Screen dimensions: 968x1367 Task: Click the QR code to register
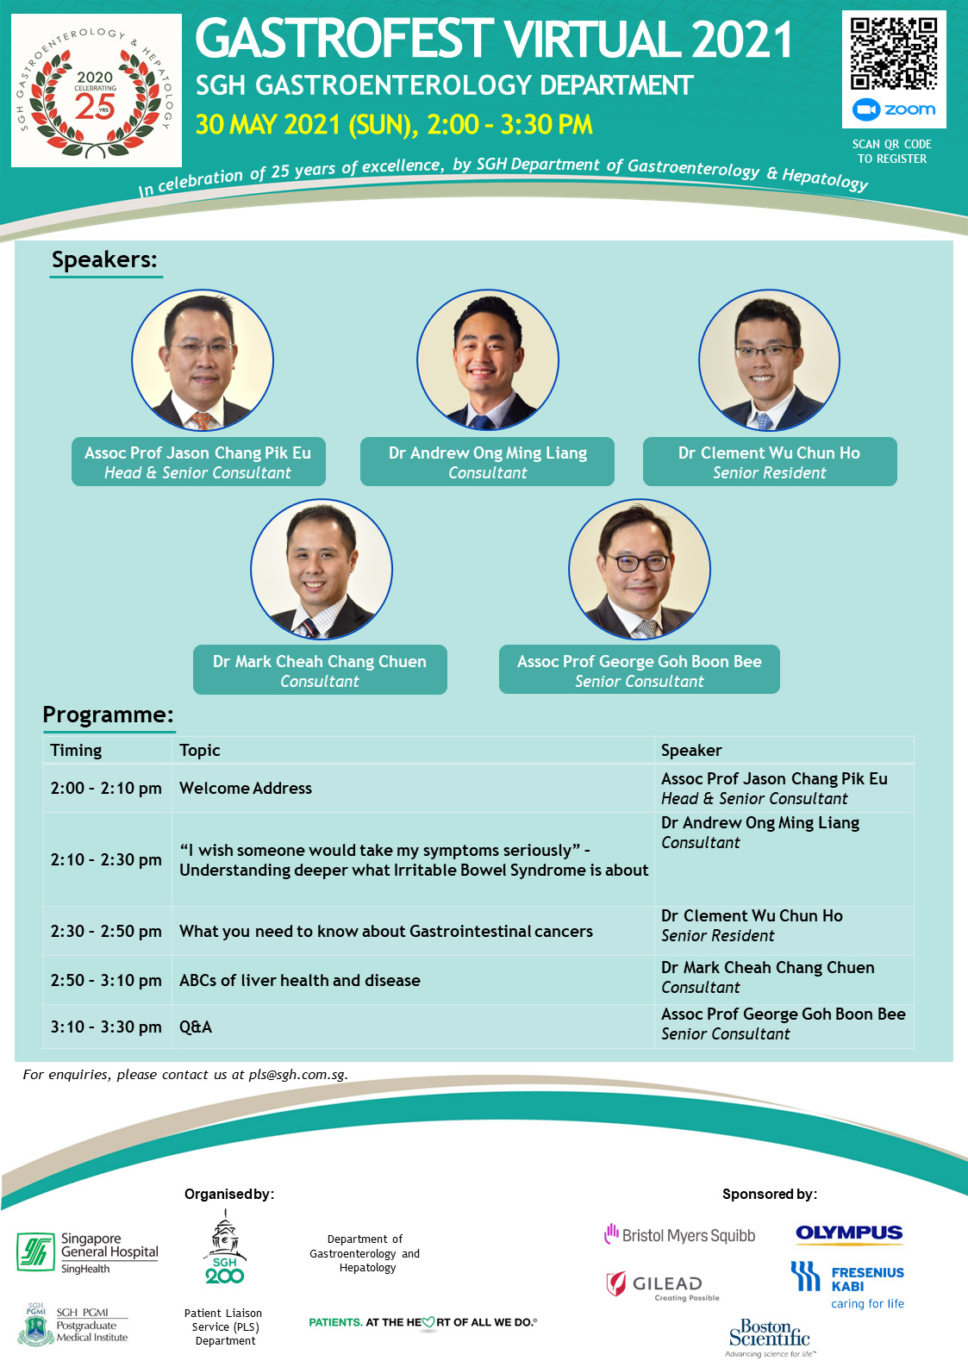(x=894, y=53)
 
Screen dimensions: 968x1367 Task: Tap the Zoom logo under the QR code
(x=894, y=109)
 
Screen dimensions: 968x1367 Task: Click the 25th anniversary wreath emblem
(x=96, y=91)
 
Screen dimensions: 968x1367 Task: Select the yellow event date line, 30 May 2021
(x=394, y=124)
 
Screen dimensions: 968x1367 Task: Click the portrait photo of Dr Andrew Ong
(x=488, y=360)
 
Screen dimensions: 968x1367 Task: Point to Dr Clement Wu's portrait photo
(x=769, y=360)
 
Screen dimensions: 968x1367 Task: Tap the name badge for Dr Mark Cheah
(x=320, y=670)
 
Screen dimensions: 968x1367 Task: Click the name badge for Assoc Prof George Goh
(x=639, y=670)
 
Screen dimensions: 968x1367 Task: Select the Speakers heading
(x=104, y=260)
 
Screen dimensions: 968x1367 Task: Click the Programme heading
(x=108, y=715)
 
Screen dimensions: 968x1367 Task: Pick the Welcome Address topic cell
(x=413, y=788)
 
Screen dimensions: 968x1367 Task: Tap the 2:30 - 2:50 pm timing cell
(x=108, y=931)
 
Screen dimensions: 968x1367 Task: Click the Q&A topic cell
(x=413, y=1027)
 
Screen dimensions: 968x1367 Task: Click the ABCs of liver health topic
(x=300, y=980)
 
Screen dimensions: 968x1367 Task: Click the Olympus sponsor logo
(x=849, y=1233)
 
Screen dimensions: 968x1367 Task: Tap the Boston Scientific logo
(x=770, y=1337)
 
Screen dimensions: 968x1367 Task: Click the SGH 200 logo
(x=224, y=1247)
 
